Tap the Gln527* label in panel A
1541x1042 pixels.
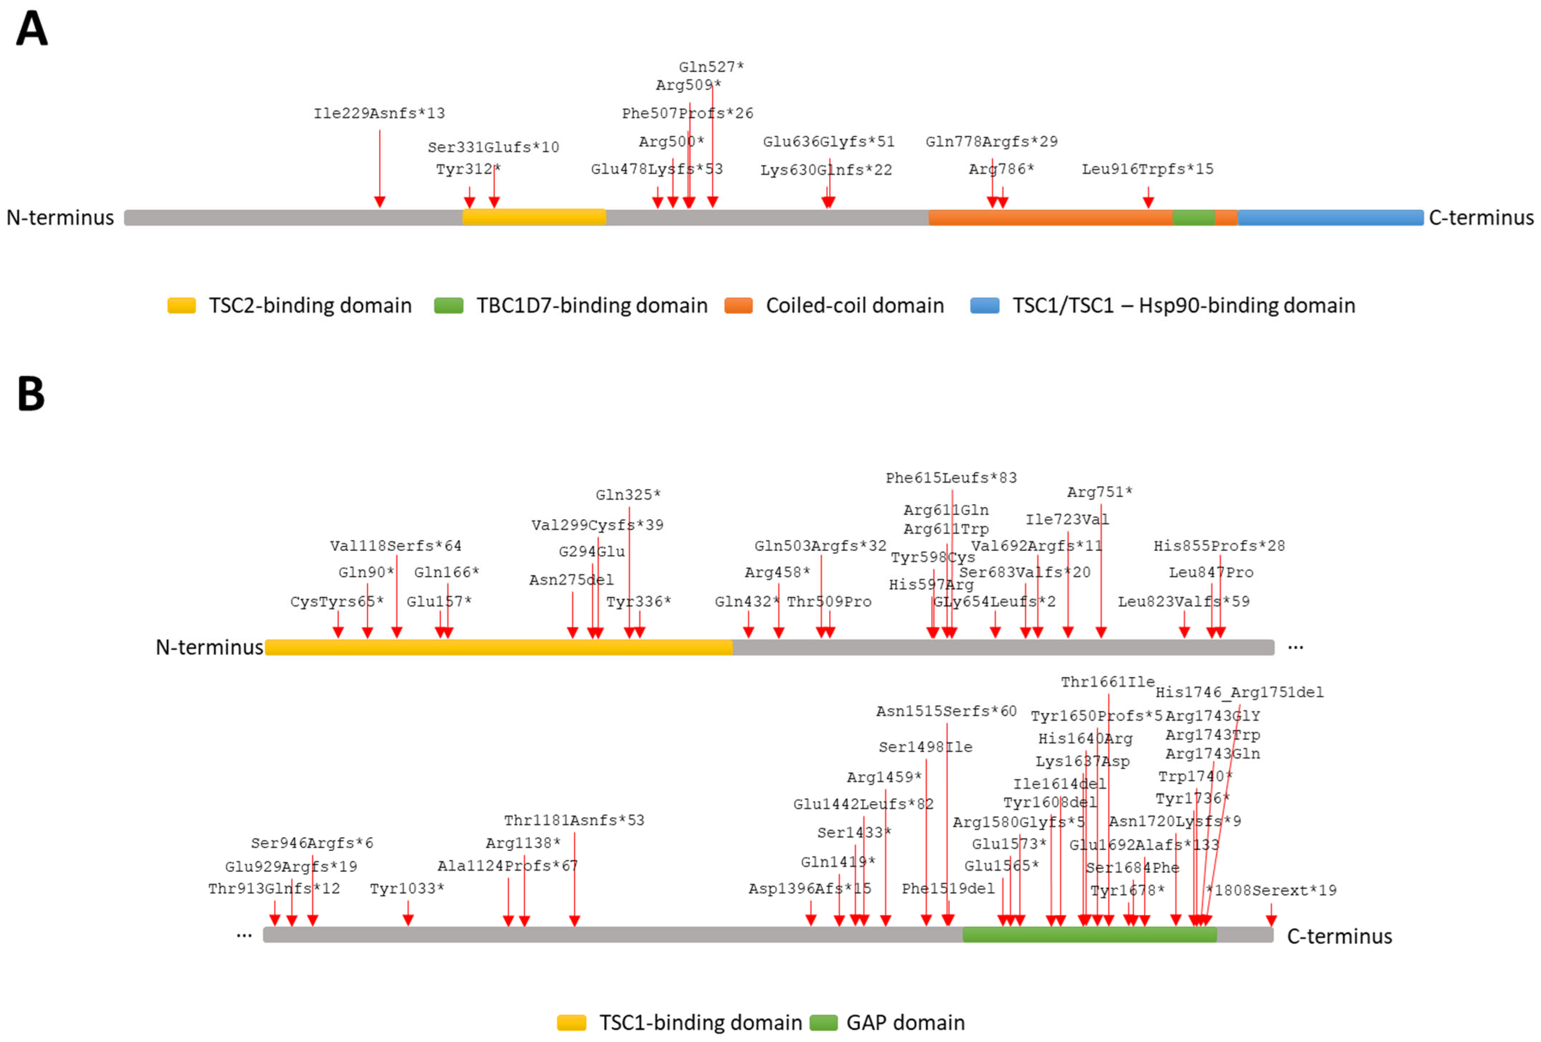pos(711,67)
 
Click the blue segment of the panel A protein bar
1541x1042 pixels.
pos(1329,217)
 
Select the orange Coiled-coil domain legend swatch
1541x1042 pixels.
pos(738,306)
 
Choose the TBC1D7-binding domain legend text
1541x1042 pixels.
pos(591,306)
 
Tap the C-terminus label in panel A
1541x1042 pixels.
pos(1481,217)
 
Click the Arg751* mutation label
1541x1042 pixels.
pos(1099,492)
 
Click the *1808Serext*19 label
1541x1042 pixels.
pos(1271,890)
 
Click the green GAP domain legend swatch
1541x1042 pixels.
pos(823,1023)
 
